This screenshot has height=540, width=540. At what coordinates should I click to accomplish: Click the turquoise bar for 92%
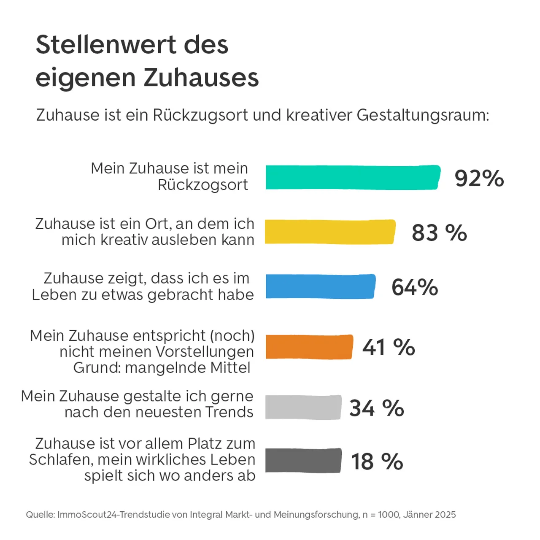click(353, 177)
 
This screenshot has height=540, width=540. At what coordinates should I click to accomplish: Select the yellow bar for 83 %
click(330, 232)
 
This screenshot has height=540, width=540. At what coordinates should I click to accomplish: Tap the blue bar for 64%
click(320, 286)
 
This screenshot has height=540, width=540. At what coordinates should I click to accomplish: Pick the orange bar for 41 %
click(309, 347)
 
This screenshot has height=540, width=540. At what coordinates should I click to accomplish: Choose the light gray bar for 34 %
click(303, 407)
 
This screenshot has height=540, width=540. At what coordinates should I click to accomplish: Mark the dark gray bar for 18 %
click(303, 461)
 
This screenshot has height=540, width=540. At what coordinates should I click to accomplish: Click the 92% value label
click(479, 178)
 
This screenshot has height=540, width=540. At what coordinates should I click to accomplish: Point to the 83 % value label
click(439, 233)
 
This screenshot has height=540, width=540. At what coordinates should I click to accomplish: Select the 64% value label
click(415, 287)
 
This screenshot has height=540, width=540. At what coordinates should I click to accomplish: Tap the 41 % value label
click(389, 348)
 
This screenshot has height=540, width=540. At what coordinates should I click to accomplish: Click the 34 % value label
click(377, 408)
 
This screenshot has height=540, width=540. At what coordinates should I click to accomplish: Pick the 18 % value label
click(377, 462)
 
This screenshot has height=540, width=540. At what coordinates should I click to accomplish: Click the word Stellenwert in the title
click(105, 45)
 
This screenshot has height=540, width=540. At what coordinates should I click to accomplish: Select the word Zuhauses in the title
click(201, 78)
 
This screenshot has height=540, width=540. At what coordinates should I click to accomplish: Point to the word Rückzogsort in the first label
click(202, 185)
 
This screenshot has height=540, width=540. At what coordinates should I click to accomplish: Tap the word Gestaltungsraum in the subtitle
click(423, 115)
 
